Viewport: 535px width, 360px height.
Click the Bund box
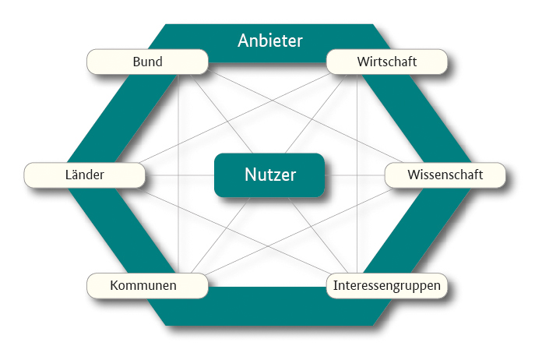point(147,62)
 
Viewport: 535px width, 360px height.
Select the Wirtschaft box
point(387,62)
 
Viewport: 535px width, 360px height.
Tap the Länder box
point(85,175)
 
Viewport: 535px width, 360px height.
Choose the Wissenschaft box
point(445,175)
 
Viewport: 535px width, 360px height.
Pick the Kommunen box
point(147,285)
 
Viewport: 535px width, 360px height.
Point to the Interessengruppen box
point(387,286)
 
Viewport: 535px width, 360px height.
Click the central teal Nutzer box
point(269,175)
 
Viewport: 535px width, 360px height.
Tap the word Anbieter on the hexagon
point(269,40)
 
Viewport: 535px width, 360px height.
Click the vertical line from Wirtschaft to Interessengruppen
point(357,226)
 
